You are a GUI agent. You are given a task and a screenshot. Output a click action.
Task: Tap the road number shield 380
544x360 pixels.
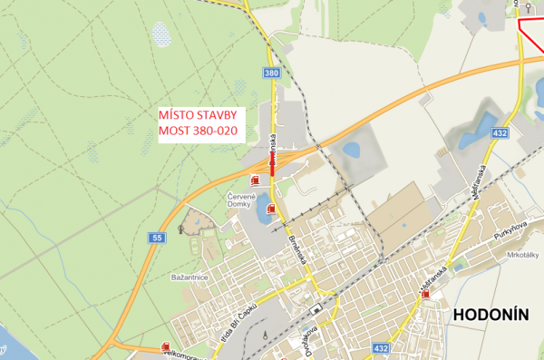[272, 73]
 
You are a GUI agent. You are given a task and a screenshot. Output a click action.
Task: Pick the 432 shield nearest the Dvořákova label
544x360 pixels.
[382, 347]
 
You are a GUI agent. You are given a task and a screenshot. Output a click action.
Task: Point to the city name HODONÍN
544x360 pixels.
[489, 315]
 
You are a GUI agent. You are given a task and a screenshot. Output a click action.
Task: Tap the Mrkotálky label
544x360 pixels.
[525, 254]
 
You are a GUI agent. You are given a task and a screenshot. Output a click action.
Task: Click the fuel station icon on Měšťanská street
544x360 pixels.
[425, 295]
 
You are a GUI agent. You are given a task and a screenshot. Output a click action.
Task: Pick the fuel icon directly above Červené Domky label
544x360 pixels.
[254, 179]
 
